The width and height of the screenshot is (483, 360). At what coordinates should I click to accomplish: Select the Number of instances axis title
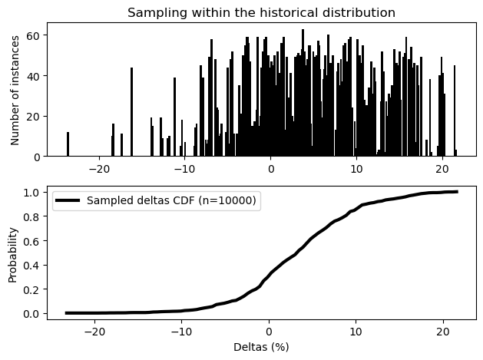14,91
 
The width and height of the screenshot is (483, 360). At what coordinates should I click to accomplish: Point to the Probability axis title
12,255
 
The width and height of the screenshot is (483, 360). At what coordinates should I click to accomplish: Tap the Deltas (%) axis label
261,348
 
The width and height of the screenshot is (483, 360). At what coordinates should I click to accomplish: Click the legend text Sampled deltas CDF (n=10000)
171,200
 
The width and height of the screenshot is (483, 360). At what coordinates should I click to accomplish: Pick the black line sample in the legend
68,200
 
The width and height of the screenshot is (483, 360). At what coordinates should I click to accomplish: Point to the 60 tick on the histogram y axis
33,35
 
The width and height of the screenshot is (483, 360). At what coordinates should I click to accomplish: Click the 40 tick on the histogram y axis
33,76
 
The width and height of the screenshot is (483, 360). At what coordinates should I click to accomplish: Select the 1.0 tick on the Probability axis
31,193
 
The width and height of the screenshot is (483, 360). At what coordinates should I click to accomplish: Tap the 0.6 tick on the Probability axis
31,241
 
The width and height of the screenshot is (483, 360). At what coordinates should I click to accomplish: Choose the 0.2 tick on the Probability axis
31,289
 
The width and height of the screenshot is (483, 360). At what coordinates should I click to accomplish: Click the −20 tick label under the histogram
98,169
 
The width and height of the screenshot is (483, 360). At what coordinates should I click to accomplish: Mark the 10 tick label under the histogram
356,169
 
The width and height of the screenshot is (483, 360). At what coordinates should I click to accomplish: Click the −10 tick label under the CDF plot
181,332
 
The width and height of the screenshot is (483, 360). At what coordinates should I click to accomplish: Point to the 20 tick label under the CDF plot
443,332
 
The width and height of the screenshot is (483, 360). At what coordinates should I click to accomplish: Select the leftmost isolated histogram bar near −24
68,144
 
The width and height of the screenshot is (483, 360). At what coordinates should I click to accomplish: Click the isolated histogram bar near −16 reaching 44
132,112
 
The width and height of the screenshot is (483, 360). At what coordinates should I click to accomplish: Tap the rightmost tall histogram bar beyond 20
455,111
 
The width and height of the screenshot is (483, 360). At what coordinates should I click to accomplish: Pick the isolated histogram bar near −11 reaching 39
174,117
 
